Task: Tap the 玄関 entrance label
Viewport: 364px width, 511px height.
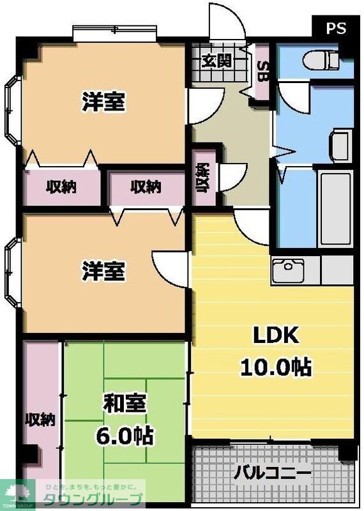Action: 216,61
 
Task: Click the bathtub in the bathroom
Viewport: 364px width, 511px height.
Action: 335,208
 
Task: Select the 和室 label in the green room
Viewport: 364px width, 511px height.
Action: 125,404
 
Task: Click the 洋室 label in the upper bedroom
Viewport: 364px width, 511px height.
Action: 103,102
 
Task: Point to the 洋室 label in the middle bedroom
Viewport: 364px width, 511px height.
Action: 103,271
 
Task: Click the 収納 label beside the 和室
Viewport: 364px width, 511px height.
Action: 40,420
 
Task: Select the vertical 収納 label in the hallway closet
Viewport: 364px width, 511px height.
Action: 204,177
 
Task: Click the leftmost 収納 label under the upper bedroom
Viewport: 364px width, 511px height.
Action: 61,187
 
